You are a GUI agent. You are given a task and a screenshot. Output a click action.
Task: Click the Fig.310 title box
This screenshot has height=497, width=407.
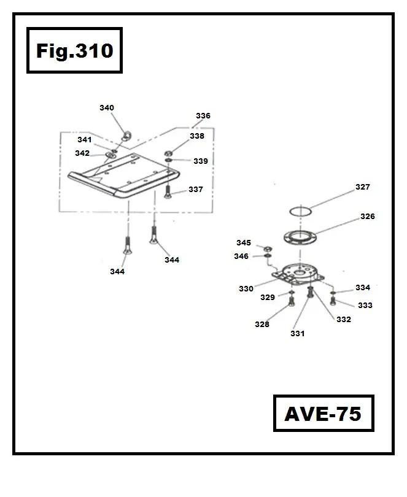click(x=74, y=50)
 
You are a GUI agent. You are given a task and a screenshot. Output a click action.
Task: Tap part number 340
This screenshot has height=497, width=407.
click(x=107, y=108)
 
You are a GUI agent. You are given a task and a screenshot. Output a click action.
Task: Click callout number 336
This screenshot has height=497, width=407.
click(x=203, y=115)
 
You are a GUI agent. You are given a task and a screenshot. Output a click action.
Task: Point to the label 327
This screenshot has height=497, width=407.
click(x=363, y=187)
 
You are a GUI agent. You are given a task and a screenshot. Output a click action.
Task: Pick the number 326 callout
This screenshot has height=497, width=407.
click(x=367, y=217)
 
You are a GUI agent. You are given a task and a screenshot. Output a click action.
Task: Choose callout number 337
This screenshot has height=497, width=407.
click(x=195, y=190)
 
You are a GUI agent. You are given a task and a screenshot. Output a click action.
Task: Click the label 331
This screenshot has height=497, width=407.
click(x=298, y=334)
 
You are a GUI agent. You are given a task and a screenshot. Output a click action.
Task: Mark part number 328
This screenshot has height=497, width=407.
click(x=262, y=325)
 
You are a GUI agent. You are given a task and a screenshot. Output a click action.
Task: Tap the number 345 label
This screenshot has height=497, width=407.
click(x=244, y=243)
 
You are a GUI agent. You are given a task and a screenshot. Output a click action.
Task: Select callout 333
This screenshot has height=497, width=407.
click(x=365, y=305)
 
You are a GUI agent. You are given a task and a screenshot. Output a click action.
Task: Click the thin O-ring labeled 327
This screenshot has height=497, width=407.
click(x=301, y=210)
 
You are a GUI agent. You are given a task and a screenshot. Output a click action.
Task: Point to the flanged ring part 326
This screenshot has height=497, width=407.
click(x=299, y=236)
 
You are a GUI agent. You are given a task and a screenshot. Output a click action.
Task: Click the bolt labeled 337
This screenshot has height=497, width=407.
click(x=167, y=192)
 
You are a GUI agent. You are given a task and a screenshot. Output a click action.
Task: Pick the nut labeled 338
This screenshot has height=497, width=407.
click(x=168, y=152)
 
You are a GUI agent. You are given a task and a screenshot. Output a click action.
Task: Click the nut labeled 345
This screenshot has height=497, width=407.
click(x=267, y=248)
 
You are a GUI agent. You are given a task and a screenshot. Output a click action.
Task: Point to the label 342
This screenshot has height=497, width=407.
click(x=82, y=153)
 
